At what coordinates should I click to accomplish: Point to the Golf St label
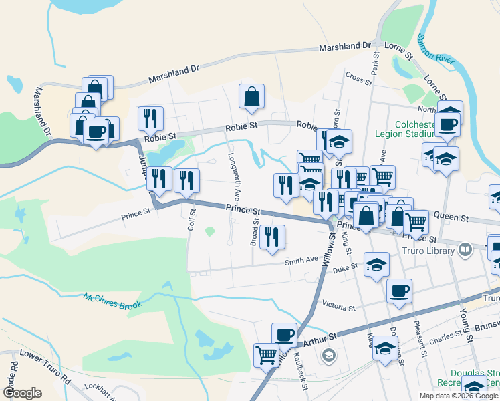[x=192, y=220]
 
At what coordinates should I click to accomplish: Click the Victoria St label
[x=338, y=308]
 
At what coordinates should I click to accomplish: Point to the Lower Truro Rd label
[x=45, y=366]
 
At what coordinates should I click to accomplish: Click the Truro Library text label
[x=428, y=251]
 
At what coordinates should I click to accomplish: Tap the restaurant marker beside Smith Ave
[x=272, y=237]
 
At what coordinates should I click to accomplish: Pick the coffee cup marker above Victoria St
[x=399, y=291]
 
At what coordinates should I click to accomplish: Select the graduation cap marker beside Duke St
[x=376, y=264]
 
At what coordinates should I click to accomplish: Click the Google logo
[x=23, y=393]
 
